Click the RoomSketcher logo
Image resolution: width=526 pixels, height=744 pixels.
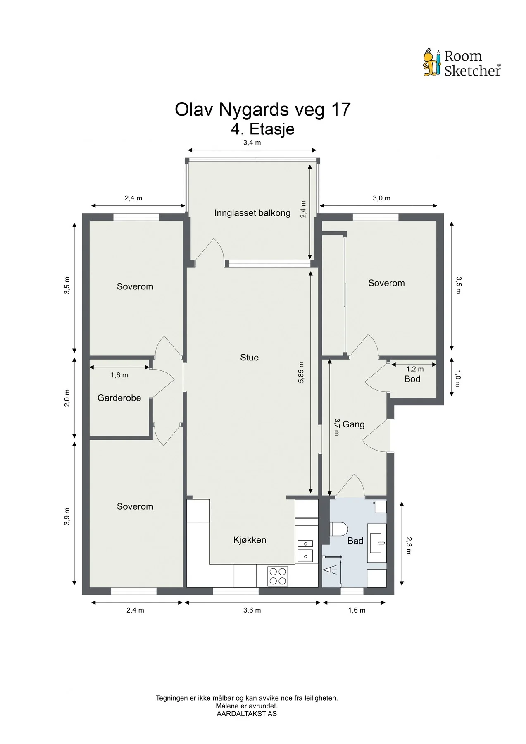[462, 63]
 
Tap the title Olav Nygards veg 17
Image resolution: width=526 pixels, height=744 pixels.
[263, 110]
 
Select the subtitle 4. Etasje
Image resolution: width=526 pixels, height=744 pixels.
[263, 129]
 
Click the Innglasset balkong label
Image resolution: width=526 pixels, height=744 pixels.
[252, 213]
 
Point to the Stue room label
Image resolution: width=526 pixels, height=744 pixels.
[250, 358]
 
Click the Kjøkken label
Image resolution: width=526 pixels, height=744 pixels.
[250, 540]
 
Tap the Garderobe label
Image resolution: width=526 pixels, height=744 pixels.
[119, 398]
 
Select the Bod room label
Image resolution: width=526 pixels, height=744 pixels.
[412, 379]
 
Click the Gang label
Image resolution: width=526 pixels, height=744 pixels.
[354, 424]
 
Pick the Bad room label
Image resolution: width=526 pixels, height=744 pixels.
[355, 541]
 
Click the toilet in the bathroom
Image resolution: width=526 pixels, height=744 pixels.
[339, 529]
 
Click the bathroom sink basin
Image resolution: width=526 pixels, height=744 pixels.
[377, 543]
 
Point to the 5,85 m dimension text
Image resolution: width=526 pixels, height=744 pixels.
[301, 372]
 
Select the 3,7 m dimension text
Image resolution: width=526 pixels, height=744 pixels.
[337, 427]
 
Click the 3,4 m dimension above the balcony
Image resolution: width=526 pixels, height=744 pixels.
[252, 143]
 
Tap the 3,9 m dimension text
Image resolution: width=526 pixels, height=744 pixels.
[67, 517]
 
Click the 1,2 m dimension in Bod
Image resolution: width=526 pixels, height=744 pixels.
[415, 369]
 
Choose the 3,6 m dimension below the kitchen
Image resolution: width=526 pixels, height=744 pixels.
[252, 610]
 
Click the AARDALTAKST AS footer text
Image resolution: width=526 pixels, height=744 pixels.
[247, 714]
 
